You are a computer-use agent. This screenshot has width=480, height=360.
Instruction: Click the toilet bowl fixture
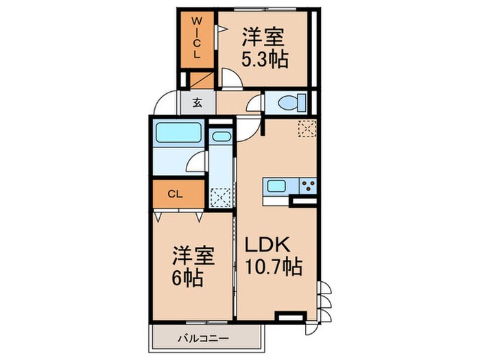(288, 103)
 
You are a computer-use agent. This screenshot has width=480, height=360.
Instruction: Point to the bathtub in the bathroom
(177, 132)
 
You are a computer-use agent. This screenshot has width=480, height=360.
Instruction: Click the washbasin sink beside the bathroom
(220, 136)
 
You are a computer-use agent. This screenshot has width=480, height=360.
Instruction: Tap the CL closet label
(176, 194)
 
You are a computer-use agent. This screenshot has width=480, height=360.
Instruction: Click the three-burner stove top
(307, 186)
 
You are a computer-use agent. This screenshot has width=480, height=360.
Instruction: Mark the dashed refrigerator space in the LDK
(307, 128)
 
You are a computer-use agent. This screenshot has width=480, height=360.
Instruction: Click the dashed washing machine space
(220, 197)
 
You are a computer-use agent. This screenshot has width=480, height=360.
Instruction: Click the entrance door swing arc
(165, 104)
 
